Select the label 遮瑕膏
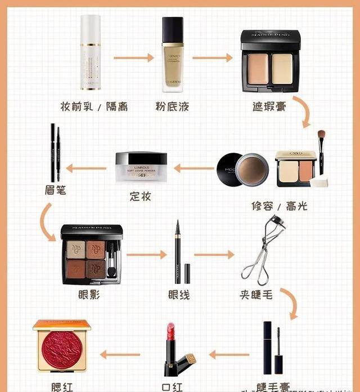pyautogui.click(x=269, y=106)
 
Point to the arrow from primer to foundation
pyautogui.click(x=133, y=57)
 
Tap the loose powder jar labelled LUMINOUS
pyautogui.click(x=141, y=167)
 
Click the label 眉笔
pyautogui.click(x=55, y=190)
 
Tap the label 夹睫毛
pyautogui.click(x=256, y=295)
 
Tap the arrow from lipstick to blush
pyautogui.click(x=120, y=354)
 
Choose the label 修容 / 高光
pyautogui.click(x=280, y=206)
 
